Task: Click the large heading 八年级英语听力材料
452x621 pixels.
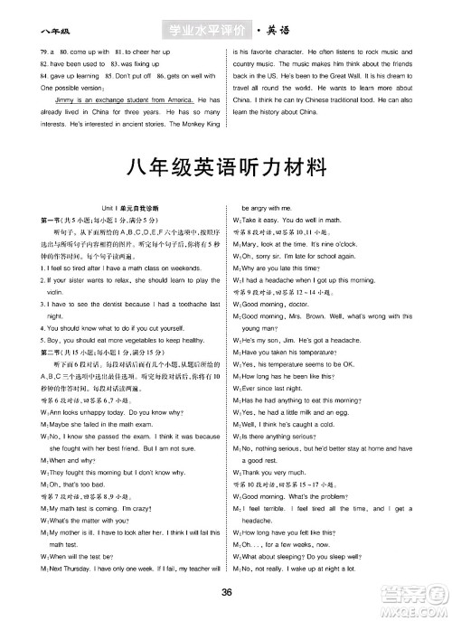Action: [226, 169]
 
